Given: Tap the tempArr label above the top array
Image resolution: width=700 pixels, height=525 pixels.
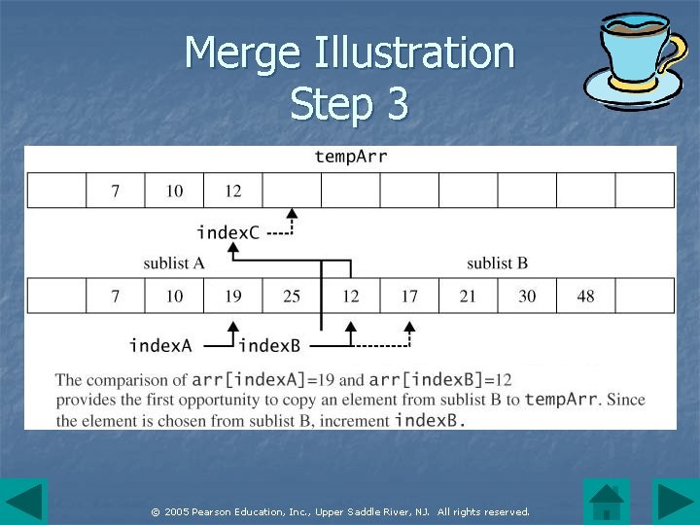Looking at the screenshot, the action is [351, 156].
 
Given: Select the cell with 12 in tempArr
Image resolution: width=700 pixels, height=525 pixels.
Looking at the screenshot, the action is [233, 191].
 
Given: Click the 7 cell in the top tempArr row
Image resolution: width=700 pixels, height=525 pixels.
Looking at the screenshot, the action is [116, 191].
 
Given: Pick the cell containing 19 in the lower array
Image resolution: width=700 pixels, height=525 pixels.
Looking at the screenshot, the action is [233, 296].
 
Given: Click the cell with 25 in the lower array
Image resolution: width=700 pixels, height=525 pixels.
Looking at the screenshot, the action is [292, 296].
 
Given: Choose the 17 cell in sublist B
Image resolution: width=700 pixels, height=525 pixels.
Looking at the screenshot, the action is [409, 296].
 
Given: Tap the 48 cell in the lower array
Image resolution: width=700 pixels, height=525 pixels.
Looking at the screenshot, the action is [585, 296].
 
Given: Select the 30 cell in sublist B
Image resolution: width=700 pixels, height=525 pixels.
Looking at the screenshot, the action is [527, 296].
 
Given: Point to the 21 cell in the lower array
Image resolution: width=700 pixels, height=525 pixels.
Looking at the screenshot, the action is [468, 296].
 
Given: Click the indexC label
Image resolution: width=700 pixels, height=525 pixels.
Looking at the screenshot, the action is [227, 232].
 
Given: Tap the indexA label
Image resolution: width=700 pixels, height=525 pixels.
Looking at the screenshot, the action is [160, 345].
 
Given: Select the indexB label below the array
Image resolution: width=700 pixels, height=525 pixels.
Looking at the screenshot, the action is [269, 345].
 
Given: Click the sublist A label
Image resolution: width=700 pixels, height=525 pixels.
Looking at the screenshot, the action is [174, 262].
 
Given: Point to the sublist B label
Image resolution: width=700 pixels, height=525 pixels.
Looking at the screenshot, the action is [497, 262].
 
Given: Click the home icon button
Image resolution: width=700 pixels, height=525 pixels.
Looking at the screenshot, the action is [607, 502].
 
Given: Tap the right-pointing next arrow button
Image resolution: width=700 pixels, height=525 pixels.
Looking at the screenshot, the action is [675, 502].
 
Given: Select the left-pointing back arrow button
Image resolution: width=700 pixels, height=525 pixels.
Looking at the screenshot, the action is [23, 502].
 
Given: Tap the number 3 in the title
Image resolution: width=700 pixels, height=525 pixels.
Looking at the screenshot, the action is [396, 104].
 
